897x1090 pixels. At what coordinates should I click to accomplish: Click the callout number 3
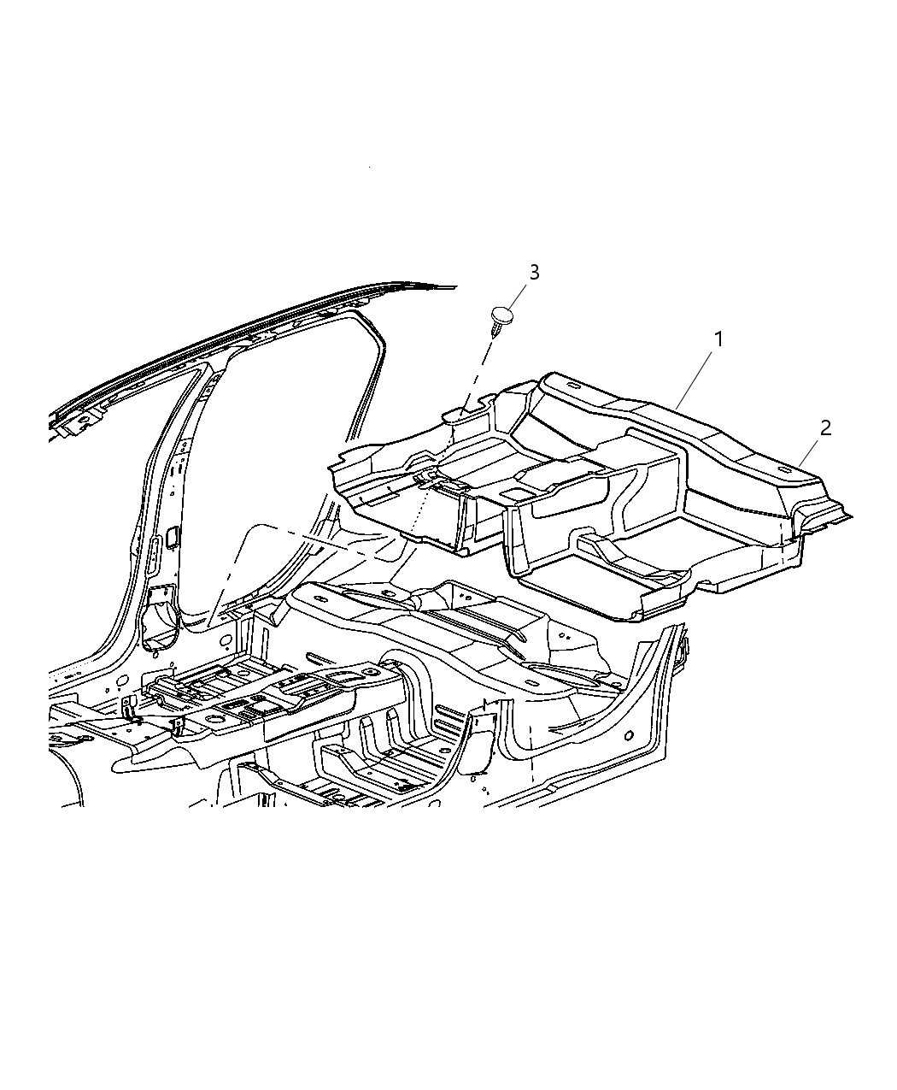tap(534, 273)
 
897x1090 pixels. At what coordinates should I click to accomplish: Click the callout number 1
tap(718, 339)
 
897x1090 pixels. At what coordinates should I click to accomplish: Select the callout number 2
tap(825, 428)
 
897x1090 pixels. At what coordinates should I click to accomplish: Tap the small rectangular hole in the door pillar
tap(172, 537)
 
